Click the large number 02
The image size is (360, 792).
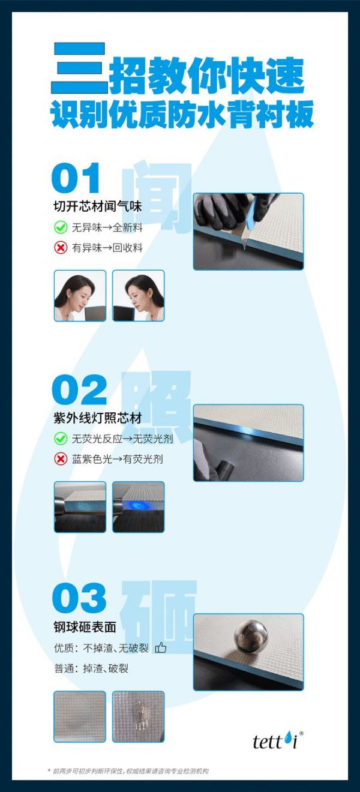pos(79,390)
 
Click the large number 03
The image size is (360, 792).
pos(79,598)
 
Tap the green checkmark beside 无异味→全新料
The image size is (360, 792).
pos(61,227)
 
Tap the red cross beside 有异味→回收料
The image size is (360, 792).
pos(61,247)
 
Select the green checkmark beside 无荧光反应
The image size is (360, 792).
pos(61,439)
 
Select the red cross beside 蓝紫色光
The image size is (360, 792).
pos(61,459)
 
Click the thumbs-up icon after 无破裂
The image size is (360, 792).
pos(161,648)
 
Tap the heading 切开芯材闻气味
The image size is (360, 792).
pos(97,207)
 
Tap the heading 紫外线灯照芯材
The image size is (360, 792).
pos(97,418)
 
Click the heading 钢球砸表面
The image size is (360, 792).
pos(84,627)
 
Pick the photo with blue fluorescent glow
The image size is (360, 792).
pos(138,506)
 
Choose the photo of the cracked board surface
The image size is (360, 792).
pos(138,716)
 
